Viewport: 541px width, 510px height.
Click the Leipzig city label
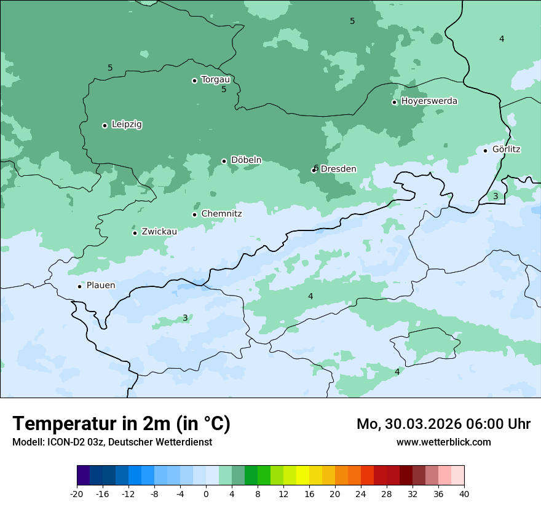[127, 124]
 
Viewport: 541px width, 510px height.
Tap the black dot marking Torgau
[194, 80]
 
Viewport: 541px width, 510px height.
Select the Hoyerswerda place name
[429, 101]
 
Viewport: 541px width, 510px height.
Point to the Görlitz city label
[506, 149]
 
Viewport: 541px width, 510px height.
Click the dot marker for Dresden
[314, 170]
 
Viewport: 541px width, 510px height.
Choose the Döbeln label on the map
[246, 160]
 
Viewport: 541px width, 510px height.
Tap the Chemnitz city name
[221, 214]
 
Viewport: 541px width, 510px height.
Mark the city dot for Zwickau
[135, 233]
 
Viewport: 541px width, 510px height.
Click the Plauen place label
[101, 285]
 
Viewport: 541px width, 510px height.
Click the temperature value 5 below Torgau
[224, 90]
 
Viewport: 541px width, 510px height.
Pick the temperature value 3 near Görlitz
[496, 196]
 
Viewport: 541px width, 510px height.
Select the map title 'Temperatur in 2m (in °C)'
[121, 423]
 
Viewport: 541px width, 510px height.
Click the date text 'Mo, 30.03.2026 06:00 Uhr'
[443, 424]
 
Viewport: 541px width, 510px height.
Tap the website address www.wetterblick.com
[443, 442]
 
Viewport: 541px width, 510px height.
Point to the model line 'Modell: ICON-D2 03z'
[112, 442]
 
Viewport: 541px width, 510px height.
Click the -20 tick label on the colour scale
[77, 493]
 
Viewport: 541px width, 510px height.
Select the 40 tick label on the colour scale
[464, 493]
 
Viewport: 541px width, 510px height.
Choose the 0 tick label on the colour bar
[206, 493]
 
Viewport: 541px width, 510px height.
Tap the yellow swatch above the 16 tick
[302, 476]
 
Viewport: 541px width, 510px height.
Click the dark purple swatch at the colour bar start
[84, 476]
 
